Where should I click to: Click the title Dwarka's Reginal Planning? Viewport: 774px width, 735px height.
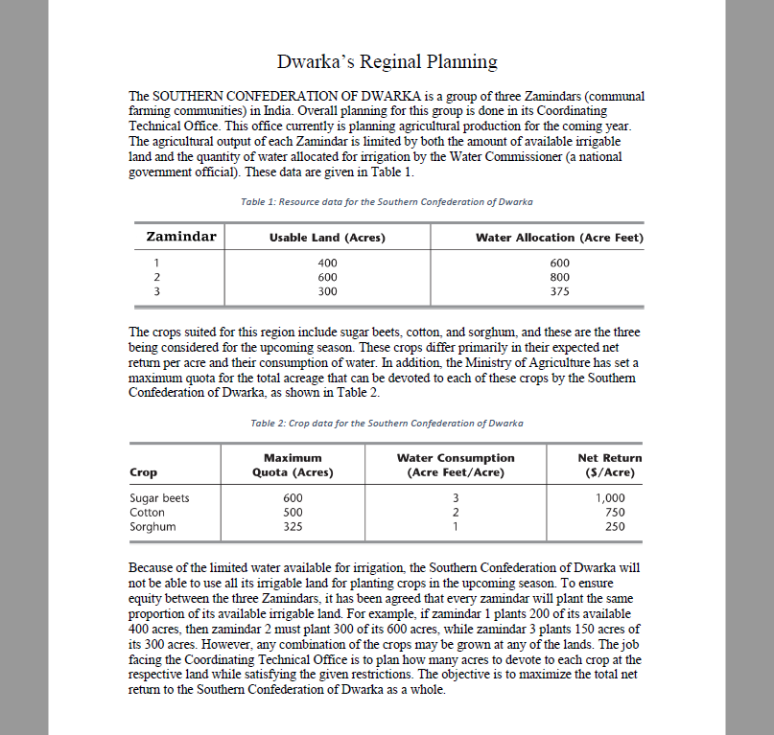(387, 62)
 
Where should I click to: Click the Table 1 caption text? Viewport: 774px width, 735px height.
(387, 202)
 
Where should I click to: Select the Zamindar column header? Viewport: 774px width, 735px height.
(181, 237)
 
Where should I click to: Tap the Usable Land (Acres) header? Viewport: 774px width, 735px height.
(327, 238)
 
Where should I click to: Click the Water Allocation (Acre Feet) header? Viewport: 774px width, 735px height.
(559, 238)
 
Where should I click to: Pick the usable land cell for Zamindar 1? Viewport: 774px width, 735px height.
(327, 263)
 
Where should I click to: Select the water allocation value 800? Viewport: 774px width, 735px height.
(560, 277)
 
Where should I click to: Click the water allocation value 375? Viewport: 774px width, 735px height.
(560, 290)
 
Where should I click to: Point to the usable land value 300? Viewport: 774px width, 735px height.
(327, 290)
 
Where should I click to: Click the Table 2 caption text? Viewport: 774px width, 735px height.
(387, 423)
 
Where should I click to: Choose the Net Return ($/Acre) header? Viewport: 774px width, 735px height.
(610, 465)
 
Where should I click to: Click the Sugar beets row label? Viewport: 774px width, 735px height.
(159, 498)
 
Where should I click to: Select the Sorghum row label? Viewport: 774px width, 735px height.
(152, 526)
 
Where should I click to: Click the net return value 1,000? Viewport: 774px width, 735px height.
(610, 498)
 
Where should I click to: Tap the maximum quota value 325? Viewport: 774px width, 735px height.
(293, 526)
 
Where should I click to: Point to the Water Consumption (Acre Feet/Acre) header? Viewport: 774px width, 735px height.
(456, 465)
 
